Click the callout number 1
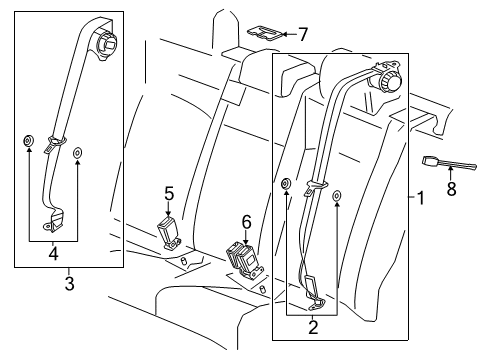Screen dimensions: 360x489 click(419, 199)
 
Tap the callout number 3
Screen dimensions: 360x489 click(68, 283)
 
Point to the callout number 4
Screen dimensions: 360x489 click(52, 253)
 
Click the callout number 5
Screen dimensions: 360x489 click(169, 193)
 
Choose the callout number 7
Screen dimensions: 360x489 click(302, 35)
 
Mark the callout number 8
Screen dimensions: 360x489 click(451, 188)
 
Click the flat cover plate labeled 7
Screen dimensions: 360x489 click(265, 34)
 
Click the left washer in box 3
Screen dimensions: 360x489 click(28, 139)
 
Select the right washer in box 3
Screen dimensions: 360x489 click(79, 153)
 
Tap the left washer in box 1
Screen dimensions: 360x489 click(287, 183)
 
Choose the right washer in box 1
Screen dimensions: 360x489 click(337, 196)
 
